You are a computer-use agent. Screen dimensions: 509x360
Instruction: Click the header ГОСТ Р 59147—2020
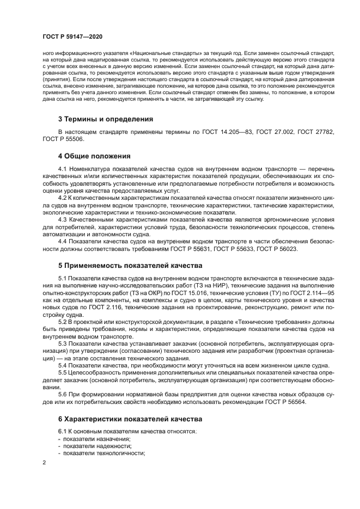71,36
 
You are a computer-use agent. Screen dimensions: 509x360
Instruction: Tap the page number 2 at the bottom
45,462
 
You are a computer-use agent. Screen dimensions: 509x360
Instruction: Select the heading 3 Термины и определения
105,119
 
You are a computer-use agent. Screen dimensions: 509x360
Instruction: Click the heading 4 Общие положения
94,156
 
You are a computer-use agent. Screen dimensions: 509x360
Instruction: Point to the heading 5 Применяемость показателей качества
130,266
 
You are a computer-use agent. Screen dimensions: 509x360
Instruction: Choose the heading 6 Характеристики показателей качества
130,419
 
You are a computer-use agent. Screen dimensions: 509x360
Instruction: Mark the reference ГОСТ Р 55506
64,139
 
